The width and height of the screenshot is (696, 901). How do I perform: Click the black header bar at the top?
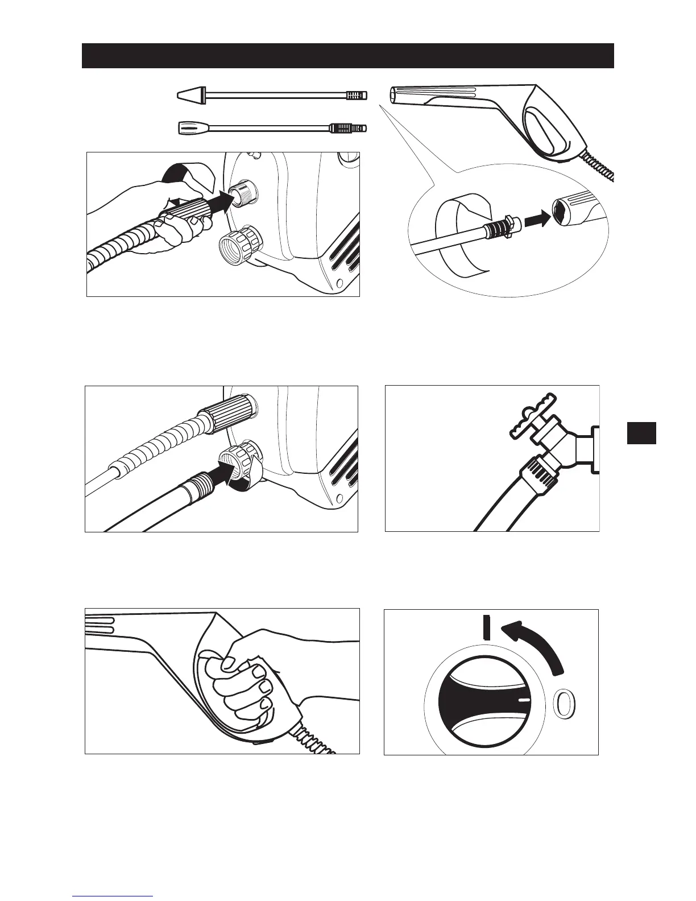347,55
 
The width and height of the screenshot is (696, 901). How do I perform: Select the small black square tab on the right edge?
641,432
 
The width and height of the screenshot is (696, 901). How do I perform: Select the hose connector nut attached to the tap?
535,472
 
